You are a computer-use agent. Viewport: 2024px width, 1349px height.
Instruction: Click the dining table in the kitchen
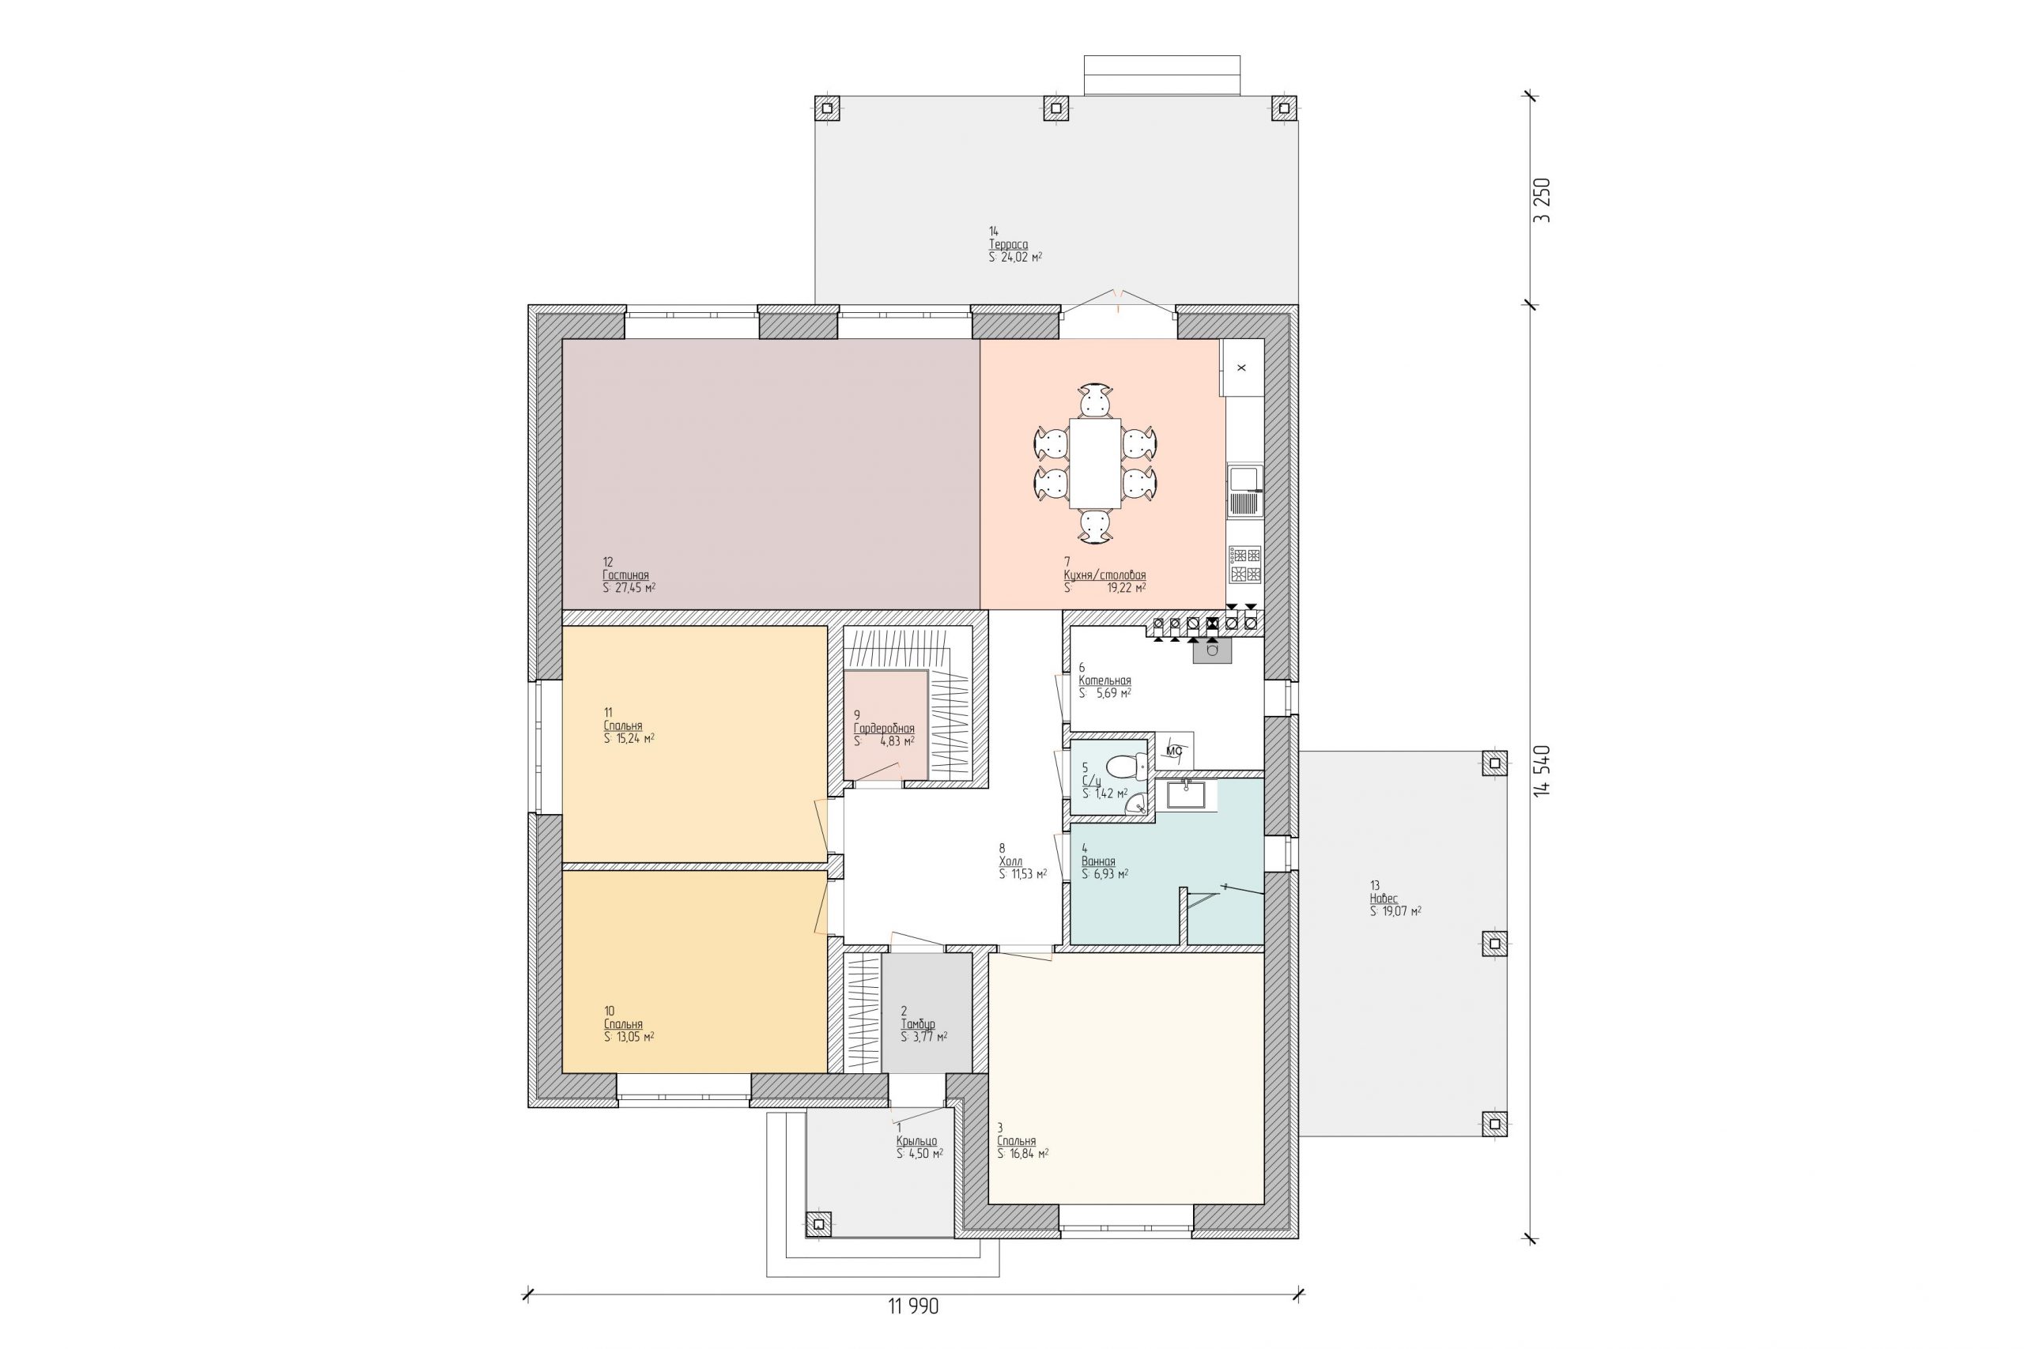coord(1094,463)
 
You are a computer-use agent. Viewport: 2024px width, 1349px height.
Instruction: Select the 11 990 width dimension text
coord(913,1307)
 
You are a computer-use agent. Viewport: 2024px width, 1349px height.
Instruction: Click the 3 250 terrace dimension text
coord(1542,200)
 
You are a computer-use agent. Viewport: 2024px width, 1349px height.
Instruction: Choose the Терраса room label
coord(1008,244)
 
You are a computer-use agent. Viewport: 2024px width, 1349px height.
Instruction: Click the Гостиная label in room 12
coord(625,575)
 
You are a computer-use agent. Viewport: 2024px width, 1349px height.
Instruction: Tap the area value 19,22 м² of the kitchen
coord(1126,589)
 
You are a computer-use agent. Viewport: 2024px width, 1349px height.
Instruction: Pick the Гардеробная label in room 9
coord(884,729)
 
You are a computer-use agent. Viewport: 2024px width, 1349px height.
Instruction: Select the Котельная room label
coord(1105,680)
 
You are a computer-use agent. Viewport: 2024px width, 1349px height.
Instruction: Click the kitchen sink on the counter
coord(1244,491)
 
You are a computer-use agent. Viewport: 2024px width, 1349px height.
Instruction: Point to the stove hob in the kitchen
coord(1244,564)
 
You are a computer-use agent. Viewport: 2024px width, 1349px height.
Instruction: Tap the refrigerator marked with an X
coord(1241,367)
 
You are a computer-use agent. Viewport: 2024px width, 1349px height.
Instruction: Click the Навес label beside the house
coord(1384,899)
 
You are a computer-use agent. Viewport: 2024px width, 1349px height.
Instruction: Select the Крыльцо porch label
coord(916,1141)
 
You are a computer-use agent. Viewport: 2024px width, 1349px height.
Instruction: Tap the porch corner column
coord(818,1223)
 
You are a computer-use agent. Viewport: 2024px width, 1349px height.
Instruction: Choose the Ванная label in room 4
coord(1098,861)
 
